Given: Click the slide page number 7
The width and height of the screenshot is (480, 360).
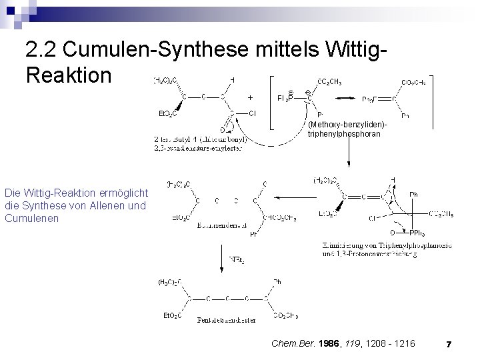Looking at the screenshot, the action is click(x=449, y=344).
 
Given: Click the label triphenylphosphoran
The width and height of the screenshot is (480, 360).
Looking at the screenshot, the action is click(x=344, y=133).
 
